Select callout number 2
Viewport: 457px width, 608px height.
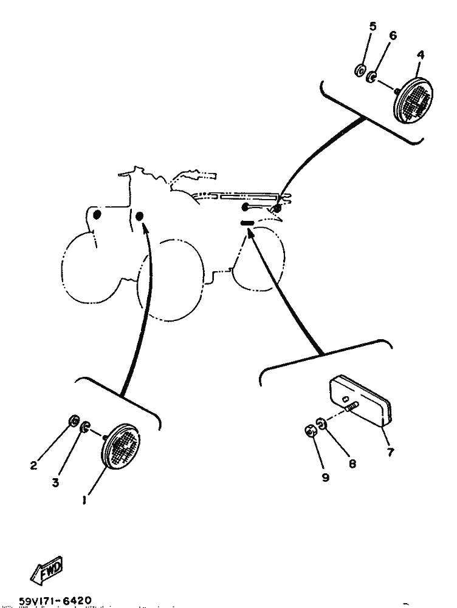coord(34,465)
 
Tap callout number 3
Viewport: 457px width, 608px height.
coord(55,482)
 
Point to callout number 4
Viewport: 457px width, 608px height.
coord(421,55)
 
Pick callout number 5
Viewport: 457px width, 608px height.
coord(373,26)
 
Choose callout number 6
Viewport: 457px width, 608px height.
coord(393,36)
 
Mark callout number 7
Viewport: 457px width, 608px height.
coord(391,451)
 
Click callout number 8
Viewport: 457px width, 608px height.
coord(352,464)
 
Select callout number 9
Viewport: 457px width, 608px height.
coord(325,477)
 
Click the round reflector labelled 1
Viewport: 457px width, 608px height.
coord(120,446)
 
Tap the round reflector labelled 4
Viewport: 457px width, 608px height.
coord(413,100)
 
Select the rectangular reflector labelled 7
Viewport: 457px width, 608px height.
coord(360,401)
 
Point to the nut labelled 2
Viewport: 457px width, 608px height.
coord(74,420)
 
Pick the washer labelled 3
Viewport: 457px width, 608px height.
coord(84,428)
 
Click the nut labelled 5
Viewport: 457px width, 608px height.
coord(360,71)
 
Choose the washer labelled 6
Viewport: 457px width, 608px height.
coord(371,76)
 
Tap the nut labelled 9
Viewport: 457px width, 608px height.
coord(309,430)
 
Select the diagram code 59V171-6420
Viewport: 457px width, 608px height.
coord(55,601)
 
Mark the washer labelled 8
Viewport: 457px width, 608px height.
coord(321,424)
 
